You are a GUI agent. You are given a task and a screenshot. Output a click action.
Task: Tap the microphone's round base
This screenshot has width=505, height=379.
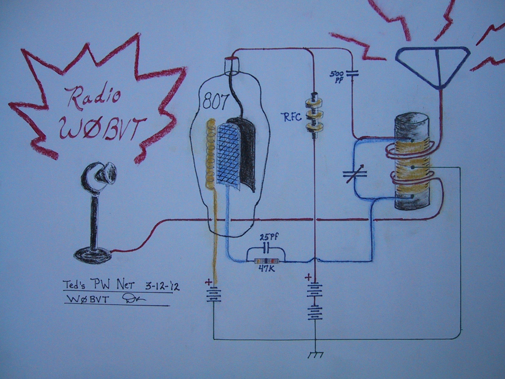click(93, 253)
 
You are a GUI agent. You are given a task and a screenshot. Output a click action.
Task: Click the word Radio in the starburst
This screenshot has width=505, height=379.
click(95, 96)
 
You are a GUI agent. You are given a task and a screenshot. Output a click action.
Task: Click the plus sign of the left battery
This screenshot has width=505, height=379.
click(209, 282)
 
